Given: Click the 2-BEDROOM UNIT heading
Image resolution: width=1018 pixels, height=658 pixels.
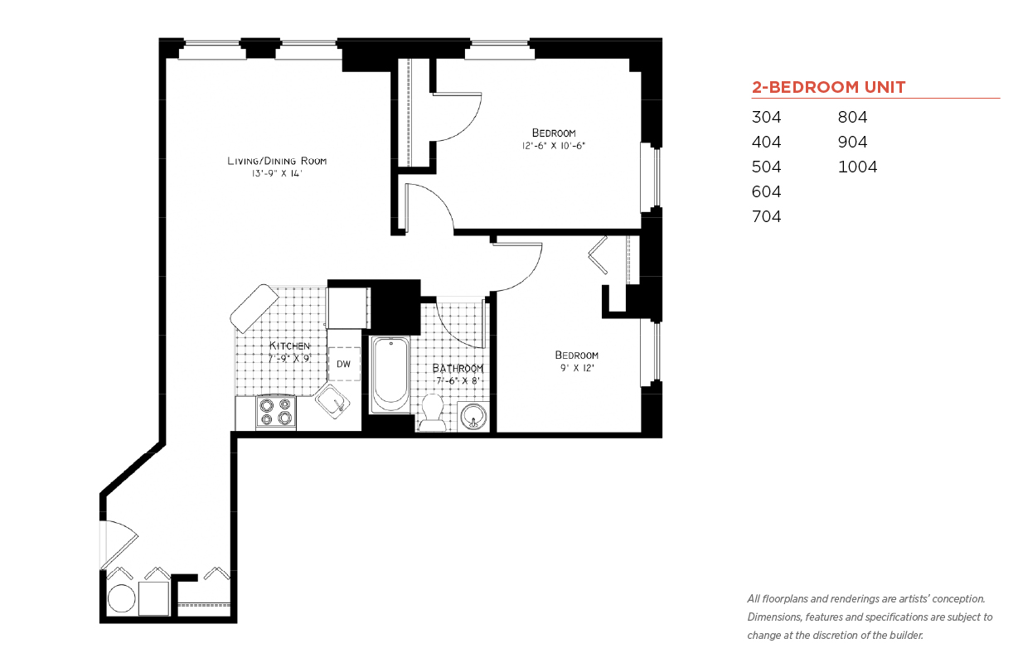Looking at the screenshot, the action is (828, 87).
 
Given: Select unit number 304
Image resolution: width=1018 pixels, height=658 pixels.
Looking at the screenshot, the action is (766, 117).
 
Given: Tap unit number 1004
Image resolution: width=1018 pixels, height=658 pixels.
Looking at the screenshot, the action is (857, 167).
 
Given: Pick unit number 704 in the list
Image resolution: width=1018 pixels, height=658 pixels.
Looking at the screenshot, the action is (766, 216).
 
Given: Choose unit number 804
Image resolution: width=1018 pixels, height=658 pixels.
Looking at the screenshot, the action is (852, 117).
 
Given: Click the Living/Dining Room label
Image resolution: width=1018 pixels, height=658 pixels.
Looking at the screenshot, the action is (277, 161).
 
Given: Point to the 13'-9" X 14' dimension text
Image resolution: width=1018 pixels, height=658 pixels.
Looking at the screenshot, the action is (277, 173).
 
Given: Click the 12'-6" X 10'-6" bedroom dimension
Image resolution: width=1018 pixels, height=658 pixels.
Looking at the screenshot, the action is (554, 146).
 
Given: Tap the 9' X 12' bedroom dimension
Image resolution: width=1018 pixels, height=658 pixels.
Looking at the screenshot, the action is (577, 368).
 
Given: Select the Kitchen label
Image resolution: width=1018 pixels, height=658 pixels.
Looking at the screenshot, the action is (289, 346).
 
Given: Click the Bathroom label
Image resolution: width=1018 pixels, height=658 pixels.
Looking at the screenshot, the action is (458, 368).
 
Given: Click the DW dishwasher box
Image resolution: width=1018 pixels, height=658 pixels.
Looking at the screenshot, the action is (344, 364).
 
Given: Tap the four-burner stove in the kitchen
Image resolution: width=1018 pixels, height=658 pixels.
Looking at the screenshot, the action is (276, 412).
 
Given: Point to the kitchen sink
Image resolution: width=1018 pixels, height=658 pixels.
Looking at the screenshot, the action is (332, 402).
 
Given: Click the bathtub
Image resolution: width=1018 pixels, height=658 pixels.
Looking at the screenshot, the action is (390, 375).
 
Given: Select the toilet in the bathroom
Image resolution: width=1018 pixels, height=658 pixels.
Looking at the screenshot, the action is (432, 413).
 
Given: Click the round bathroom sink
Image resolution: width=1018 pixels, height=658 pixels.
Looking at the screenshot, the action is (473, 416).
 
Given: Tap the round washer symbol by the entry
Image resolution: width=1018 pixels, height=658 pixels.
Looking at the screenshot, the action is (121, 598).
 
